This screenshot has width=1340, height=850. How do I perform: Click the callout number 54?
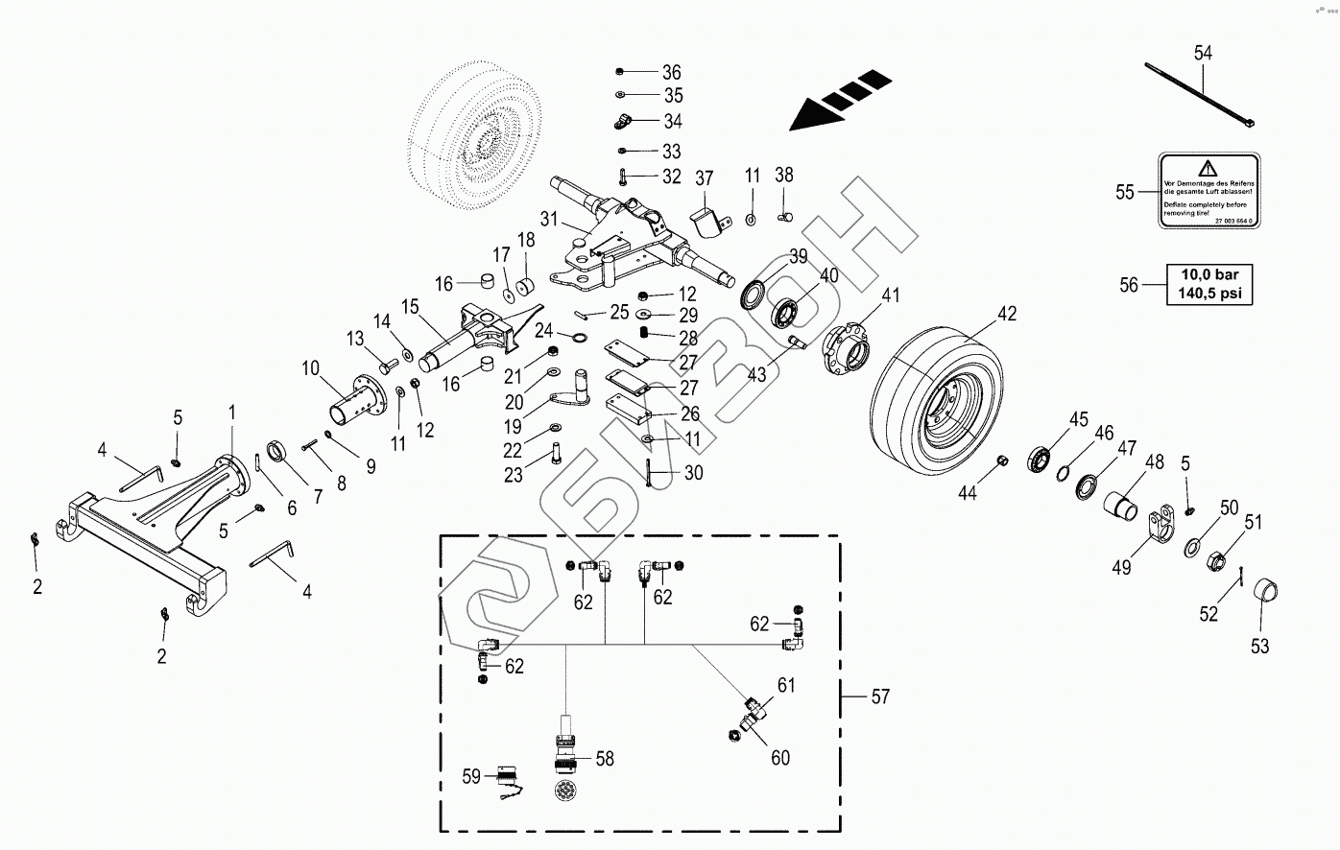tap(1203, 53)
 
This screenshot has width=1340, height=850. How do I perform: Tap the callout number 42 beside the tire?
tap(1006, 314)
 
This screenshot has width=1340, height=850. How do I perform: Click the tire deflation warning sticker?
tap(1208, 191)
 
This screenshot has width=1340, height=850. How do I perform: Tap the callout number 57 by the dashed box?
tap(880, 697)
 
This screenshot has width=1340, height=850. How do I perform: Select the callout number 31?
tap(548, 219)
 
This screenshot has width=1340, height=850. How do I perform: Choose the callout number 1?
tap(230, 412)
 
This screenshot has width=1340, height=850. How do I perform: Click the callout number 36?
tap(671, 73)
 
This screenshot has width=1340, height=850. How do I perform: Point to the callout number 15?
tap(411, 307)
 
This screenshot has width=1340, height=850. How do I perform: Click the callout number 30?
tap(693, 472)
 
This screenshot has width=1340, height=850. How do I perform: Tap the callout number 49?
tap(1121, 567)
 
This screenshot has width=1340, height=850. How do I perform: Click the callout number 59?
tap(470, 776)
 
